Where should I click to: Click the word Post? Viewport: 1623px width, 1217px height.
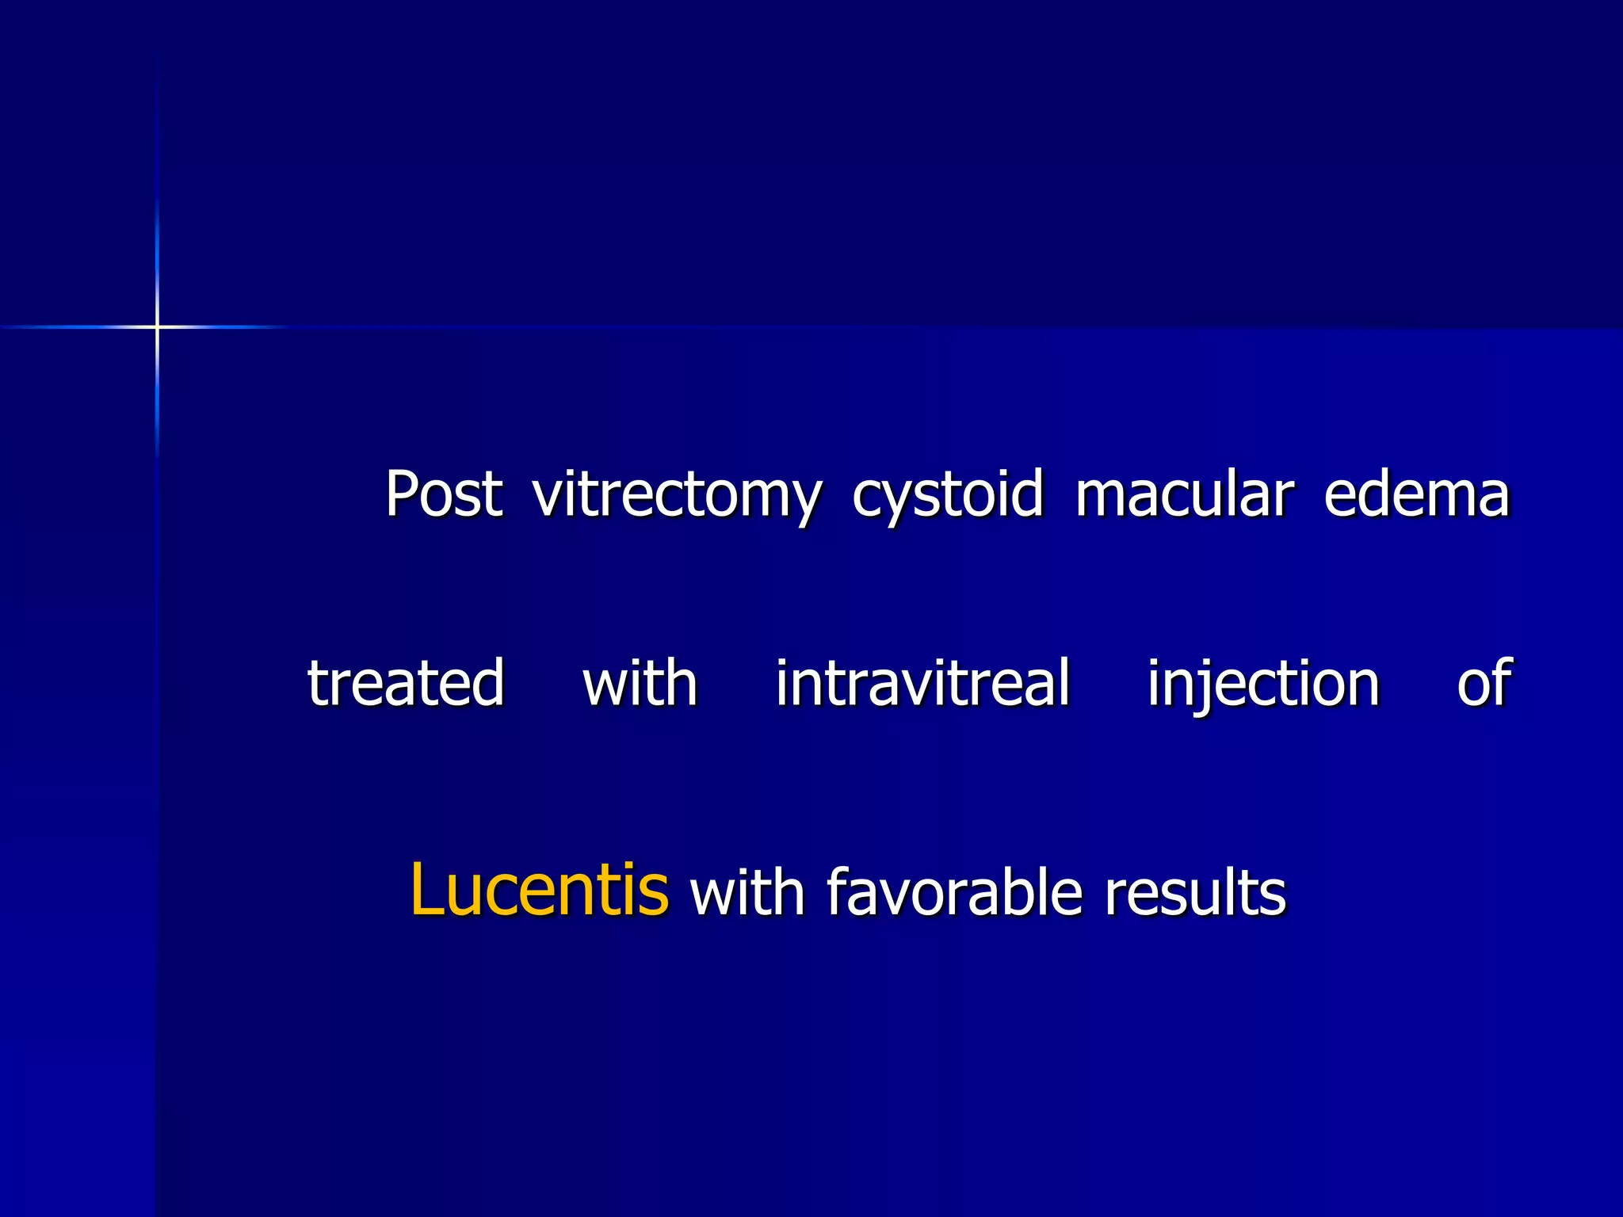[444, 494]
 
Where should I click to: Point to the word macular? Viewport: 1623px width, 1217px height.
[1184, 494]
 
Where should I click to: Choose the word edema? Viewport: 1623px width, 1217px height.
[1417, 494]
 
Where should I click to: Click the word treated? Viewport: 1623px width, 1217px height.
[406, 683]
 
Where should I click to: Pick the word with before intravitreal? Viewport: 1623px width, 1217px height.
[640, 683]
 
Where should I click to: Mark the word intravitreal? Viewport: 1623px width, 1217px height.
[922, 683]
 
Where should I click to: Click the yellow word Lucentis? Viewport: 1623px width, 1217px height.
[539, 891]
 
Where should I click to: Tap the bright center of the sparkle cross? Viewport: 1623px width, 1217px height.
[157, 326]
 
